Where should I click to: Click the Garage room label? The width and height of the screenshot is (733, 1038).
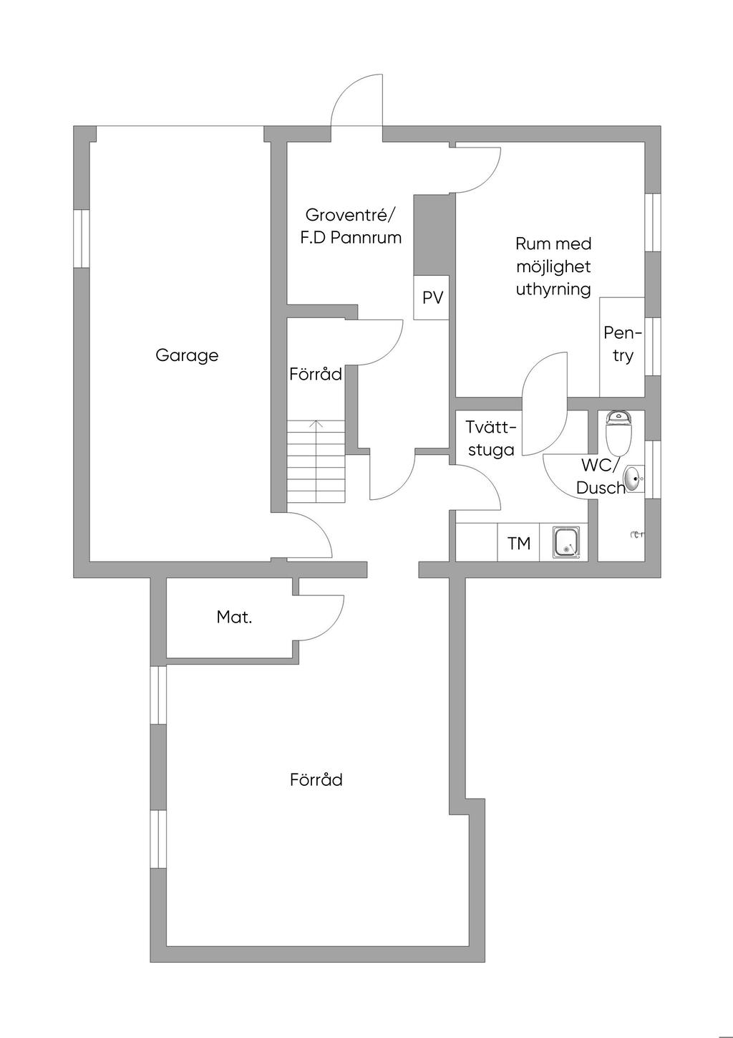click(187, 355)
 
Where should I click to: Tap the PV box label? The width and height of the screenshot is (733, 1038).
click(432, 298)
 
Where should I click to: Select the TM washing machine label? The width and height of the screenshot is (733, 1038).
click(519, 544)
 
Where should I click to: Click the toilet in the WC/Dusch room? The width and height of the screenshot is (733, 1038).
click(617, 429)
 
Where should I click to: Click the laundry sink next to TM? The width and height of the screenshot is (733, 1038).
click(566, 542)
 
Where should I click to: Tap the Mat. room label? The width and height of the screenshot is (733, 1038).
click(234, 617)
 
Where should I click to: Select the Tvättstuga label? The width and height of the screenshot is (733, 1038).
click(490, 438)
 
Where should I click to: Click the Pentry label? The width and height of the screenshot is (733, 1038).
click(622, 345)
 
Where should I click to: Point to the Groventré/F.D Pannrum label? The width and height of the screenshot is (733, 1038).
click(350, 226)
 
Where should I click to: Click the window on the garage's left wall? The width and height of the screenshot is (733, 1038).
click(82, 239)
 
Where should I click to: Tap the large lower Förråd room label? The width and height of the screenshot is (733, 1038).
click(316, 779)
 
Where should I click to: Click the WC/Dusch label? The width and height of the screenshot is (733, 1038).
click(601, 476)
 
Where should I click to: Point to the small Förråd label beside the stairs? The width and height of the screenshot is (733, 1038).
click(316, 374)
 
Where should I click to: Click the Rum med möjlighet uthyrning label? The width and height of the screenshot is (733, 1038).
click(553, 266)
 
